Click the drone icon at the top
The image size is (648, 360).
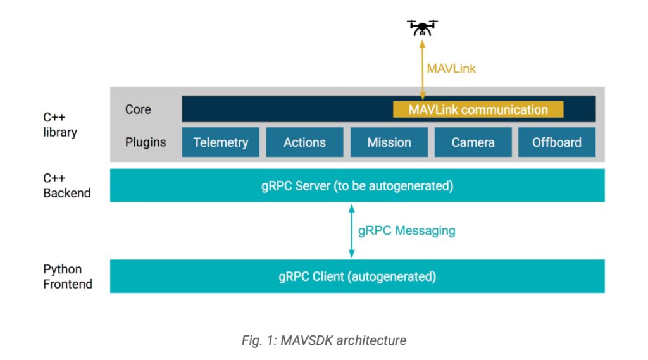pyautogui.click(x=422, y=27)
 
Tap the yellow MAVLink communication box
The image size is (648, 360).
pyautogui.click(x=478, y=109)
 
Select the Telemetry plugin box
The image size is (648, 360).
pyautogui.click(x=221, y=142)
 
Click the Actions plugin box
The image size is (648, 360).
pyautogui.click(x=304, y=142)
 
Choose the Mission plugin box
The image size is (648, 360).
pyautogui.click(x=389, y=142)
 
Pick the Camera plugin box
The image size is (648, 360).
pyautogui.click(x=473, y=142)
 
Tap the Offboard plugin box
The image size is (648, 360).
pyautogui.click(x=557, y=142)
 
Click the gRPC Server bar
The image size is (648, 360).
pyautogui.click(x=358, y=185)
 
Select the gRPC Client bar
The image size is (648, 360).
pyautogui.click(x=358, y=276)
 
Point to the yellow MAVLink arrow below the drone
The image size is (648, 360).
pyautogui.click(x=422, y=70)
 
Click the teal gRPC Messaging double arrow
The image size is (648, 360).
pyautogui.click(x=352, y=230)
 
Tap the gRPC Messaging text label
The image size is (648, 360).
pyautogui.click(x=406, y=230)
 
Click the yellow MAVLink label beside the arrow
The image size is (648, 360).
pyautogui.click(x=451, y=68)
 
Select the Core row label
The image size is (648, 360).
pyautogui.click(x=138, y=109)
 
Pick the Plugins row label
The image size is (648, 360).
pyautogui.click(x=146, y=142)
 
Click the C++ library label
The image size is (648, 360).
pyautogui.click(x=60, y=125)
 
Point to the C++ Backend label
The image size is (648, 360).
pyautogui.click(x=66, y=185)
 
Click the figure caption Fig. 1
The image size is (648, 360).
pyautogui.click(x=324, y=340)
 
